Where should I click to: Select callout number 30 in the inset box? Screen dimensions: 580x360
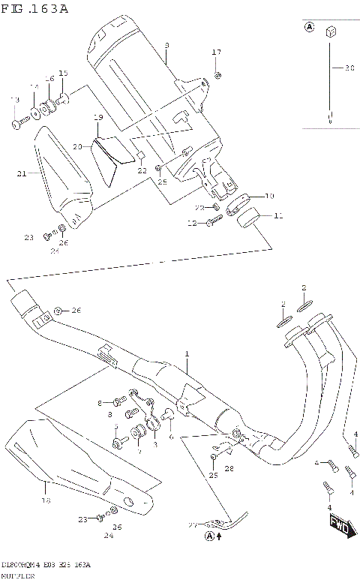click(x=349, y=68)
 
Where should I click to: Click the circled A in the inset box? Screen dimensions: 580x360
click(x=308, y=28)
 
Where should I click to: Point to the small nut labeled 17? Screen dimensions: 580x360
click(x=217, y=74)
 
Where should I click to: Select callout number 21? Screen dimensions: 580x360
click(x=22, y=173)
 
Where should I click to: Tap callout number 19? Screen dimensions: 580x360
click(x=98, y=118)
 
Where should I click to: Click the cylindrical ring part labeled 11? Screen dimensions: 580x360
click(x=247, y=219)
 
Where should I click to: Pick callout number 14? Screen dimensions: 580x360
click(x=34, y=87)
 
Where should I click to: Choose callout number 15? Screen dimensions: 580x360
click(x=63, y=73)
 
